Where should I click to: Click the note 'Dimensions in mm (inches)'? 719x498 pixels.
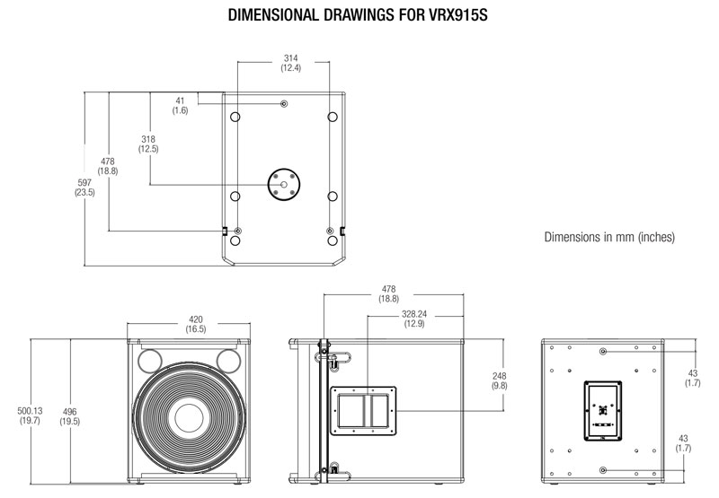click(609, 238)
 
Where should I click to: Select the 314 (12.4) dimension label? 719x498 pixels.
click(289, 63)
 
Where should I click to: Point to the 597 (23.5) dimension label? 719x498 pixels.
click(84, 187)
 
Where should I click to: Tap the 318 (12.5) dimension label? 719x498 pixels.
click(148, 144)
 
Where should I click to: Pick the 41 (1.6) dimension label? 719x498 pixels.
click(180, 105)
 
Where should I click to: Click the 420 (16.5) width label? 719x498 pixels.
click(196, 324)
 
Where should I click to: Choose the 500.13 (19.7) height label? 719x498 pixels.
click(29, 415)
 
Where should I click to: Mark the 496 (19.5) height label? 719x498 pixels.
click(68, 415)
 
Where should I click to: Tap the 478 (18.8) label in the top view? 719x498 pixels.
click(108, 166)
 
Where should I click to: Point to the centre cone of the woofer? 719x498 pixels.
click(190, 418)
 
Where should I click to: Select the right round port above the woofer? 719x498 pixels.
click(228, 361)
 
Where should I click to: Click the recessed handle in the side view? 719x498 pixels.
click(364, 409)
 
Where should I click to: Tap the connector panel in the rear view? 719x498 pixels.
click(602, 411)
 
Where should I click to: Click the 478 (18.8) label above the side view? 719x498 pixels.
click(389, 294)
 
